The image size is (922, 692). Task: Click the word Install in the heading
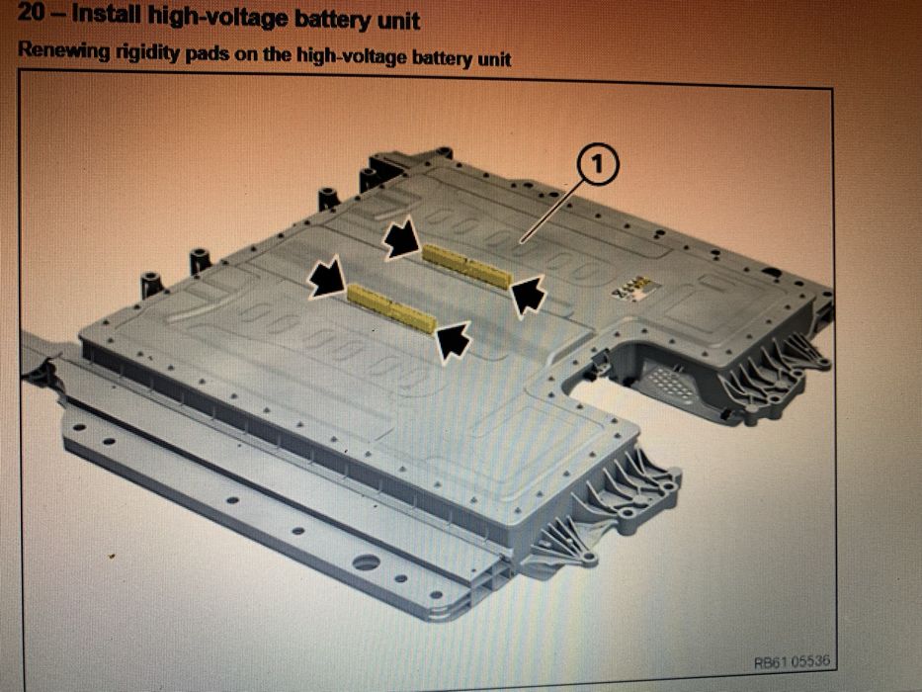(x=106, y=15)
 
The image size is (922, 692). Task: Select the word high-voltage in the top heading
(x=217, y=18)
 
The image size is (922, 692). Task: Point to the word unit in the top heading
(x=397, y=22)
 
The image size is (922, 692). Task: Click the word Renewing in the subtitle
(x=63, y=51)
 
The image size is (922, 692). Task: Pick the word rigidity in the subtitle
(x=148, y=53)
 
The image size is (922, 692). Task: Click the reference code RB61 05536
(x=792, y=661)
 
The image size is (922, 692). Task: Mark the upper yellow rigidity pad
(x=466, y=267)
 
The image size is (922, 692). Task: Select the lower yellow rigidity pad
(x=391, y=307)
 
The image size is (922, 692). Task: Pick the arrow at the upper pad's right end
(x=529, y=297)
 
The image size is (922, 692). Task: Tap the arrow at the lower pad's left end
(x=327, y=277)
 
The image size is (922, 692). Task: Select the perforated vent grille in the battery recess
(x=667, y=382)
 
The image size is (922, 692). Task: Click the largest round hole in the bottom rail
(x=366, y=563)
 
